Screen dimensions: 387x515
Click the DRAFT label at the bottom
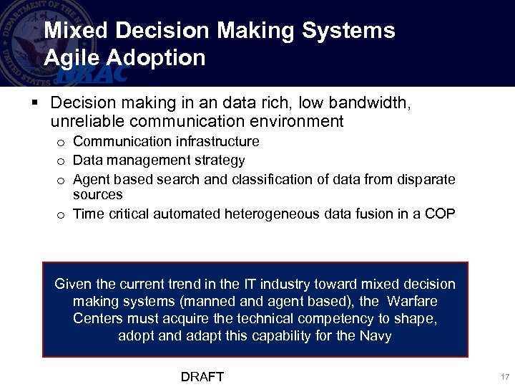pyautogui.click(x=202, y=377)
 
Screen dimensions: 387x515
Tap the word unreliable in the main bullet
pyautogui.click(x=88, y=122)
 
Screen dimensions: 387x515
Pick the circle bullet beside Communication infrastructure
pyautogui.click(x=62, y=143)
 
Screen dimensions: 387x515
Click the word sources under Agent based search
pyautogui.click(x=98, y=195)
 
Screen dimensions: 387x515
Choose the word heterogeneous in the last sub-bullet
pyautogui.click(x=275, y=214)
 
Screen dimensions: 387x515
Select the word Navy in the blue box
pyautogui.click(x=376, y=335)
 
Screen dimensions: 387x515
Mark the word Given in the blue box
pyautogui.click(x=72, y=284)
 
